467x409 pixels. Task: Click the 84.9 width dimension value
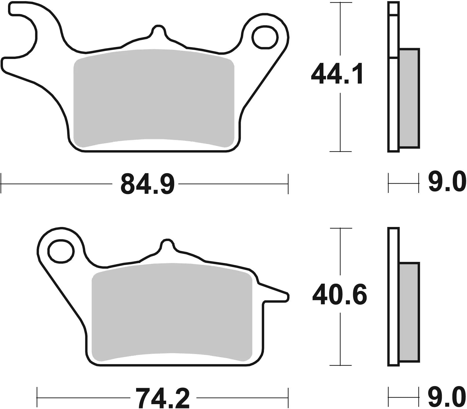147,184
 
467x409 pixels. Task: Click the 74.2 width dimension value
162,398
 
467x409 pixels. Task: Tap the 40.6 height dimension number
339,295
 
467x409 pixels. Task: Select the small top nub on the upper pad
158,31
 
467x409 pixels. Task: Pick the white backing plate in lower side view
393,298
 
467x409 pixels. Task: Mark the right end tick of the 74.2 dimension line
288,398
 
